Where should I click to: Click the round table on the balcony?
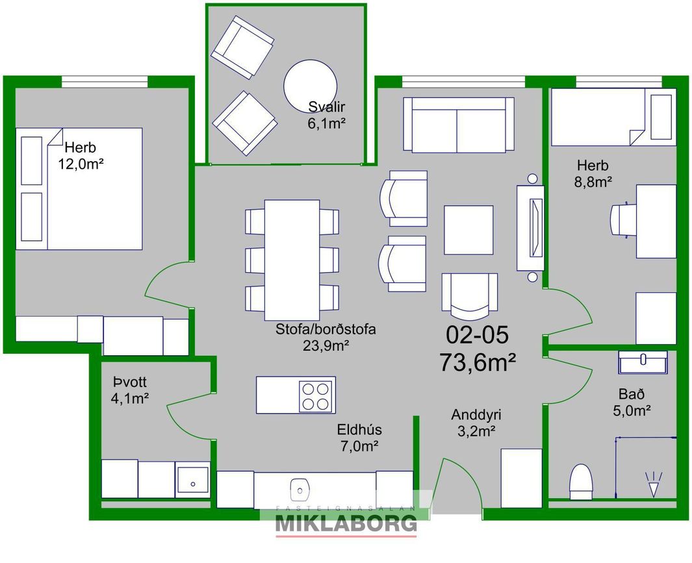click(310, 86)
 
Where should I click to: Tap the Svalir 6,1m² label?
click(326, 115)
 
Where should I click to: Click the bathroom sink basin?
click(643, 362)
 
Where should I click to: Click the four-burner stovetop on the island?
click(316, 396)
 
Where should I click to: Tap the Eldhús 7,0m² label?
click(359, 438)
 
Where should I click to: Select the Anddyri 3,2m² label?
click(476, 423)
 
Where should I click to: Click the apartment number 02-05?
click(477, 334)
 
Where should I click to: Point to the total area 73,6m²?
click(478, 364)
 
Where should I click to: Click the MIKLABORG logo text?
click(346, 524)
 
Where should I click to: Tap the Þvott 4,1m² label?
click(129, 390)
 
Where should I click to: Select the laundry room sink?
click(193, 480)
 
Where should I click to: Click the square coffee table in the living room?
click(468, 230)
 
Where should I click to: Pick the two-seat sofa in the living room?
click(459, 125)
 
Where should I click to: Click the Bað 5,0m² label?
click(632, 403)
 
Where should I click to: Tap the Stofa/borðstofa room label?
click(326, 329)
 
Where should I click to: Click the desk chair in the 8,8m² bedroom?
click(622, 221)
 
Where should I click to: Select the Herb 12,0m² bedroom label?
click(81, 156)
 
